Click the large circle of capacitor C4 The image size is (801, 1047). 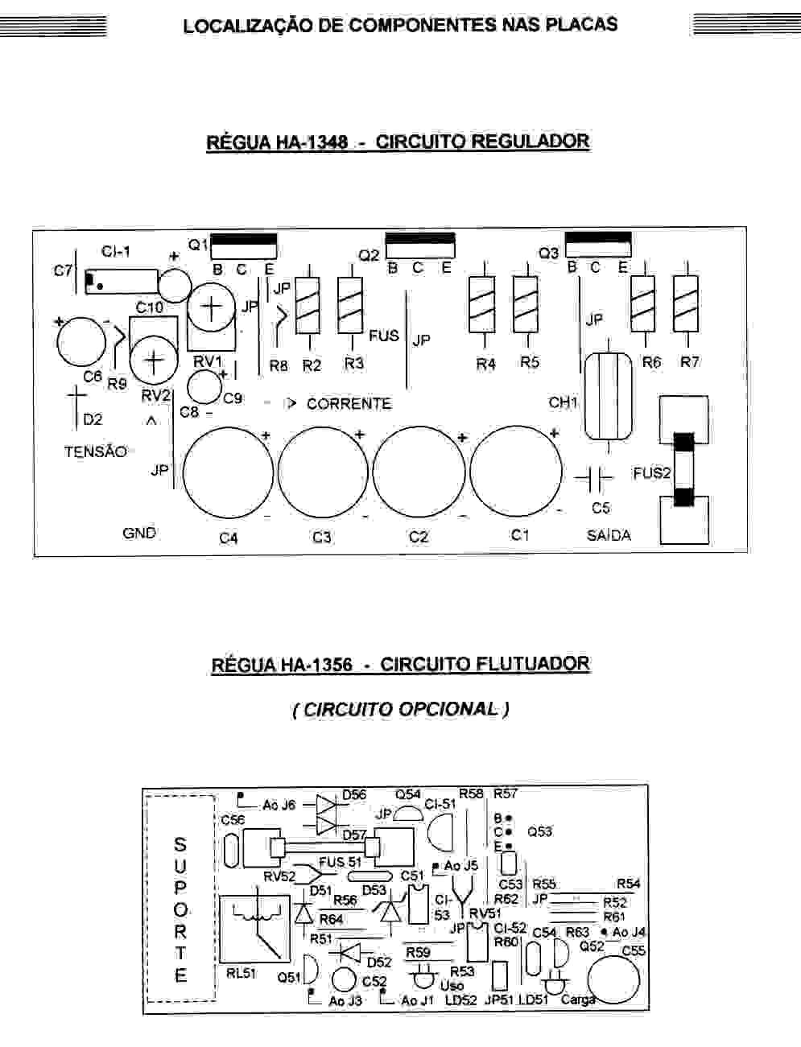click(229, 472)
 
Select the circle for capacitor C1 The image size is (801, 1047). click(515, 471)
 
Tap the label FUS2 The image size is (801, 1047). click(651, 473)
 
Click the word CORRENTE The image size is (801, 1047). click(349, 404)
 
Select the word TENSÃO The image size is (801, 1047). click(96, 451)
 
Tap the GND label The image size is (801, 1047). click(139, 533)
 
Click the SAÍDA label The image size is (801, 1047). click(609, 535)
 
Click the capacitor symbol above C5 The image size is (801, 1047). click(595, 478)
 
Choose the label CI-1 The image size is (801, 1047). click(116, 252)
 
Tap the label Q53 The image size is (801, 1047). click(539, 831)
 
